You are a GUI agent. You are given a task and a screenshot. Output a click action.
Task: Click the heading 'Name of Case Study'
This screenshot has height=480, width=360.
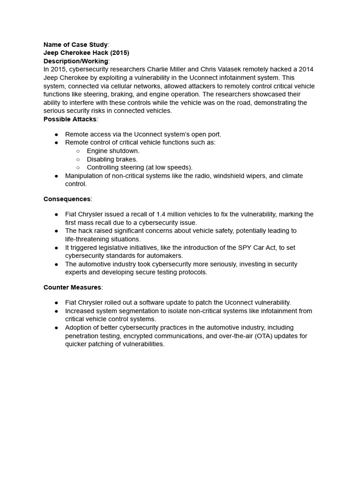coord(75,45)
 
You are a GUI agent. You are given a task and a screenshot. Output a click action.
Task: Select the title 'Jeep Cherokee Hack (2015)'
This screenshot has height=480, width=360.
coord(86,53)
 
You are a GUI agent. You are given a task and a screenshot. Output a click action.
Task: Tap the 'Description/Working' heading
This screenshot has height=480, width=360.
coord(76,61)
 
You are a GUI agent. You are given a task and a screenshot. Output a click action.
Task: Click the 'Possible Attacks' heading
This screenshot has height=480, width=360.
coord(70,119)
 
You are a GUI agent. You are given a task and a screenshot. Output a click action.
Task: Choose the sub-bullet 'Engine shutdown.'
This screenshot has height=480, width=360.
coord(113,151)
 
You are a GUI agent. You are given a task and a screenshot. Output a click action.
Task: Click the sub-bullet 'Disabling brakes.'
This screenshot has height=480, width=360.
coord(112,159)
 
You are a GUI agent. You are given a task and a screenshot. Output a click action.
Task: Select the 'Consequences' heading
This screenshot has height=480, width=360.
coord(67,199)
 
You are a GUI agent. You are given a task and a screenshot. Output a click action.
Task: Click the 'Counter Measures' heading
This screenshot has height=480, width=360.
coord(72,287)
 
